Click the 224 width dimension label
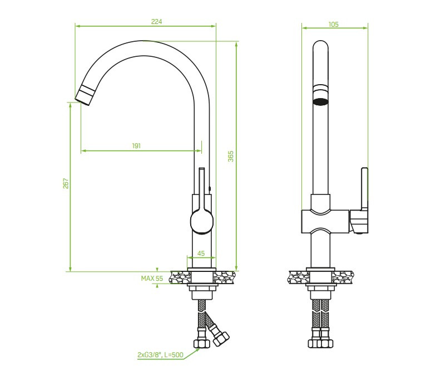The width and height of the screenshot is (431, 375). pyautogui.click(x=146, y=22)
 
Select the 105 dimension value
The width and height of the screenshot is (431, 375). pyautogui.click(x=334, y=24)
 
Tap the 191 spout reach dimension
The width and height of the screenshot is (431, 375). pyautogui.click(x=136, y=145)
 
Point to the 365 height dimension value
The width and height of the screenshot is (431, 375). pyautogui.click(x=231, y=157)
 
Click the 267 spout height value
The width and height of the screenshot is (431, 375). pyautogui.click(x=65, y=184)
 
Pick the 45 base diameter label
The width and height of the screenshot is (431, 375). pyautogui.click(x=201, y=253)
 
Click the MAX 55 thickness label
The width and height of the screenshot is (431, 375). pyautogui.click(x=151, y=278)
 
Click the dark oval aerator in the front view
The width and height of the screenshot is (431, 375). pyautogui.click(x=320, y=101)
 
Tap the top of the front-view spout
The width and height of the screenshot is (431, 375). pyautogui.click(x=320, y=45)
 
